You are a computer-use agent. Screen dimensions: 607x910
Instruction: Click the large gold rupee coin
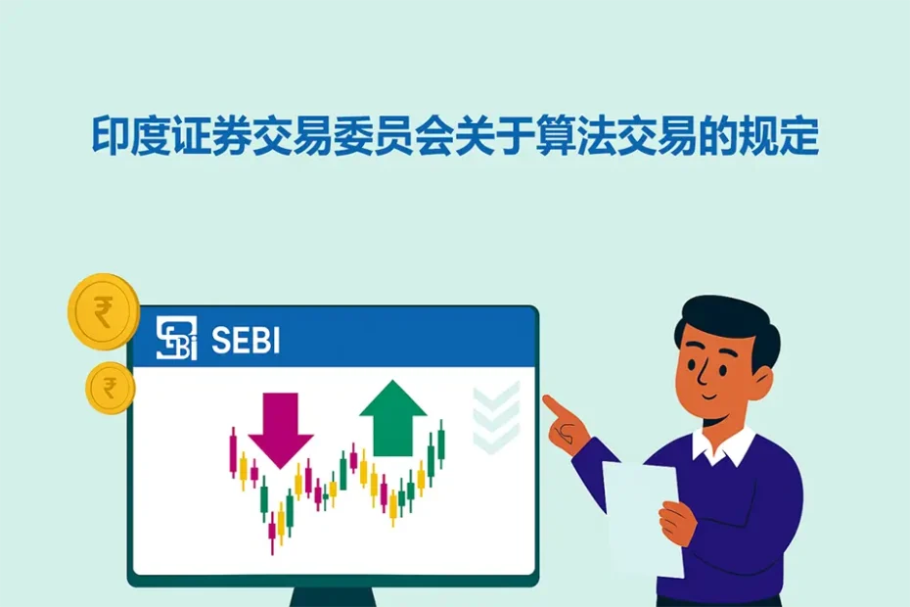tap(103, 312)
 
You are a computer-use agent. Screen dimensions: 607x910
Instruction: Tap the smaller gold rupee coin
tap(110, 387)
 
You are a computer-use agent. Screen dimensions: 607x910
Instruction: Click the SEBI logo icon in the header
tap(176, 338)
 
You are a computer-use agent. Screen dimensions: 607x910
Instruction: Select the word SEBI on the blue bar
tap(245, 339)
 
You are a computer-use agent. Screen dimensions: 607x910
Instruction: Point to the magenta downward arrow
tap(280, 425)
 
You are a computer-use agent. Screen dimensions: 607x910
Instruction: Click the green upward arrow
tap(393, 417)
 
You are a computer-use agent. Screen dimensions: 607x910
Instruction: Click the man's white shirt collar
tap(724, 446)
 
